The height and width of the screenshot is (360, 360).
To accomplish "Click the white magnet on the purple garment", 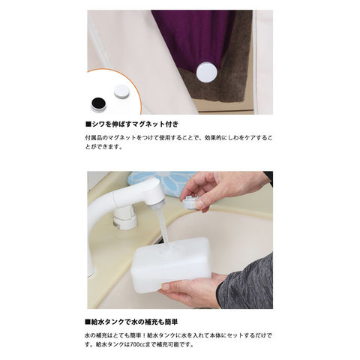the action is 207,72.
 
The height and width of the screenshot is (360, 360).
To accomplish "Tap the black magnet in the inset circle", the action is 99,103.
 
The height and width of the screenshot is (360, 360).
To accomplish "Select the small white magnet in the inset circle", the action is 121,91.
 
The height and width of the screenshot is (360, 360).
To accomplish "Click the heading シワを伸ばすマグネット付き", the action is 132,124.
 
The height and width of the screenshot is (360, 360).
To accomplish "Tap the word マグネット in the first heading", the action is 148,124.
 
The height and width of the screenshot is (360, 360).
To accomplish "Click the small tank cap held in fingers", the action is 190,201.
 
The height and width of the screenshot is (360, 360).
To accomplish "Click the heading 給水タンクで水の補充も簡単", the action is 131,322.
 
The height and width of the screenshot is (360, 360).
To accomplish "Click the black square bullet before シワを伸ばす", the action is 88,124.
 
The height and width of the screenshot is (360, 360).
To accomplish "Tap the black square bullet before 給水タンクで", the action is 88,322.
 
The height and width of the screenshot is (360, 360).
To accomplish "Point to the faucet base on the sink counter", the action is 125,220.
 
